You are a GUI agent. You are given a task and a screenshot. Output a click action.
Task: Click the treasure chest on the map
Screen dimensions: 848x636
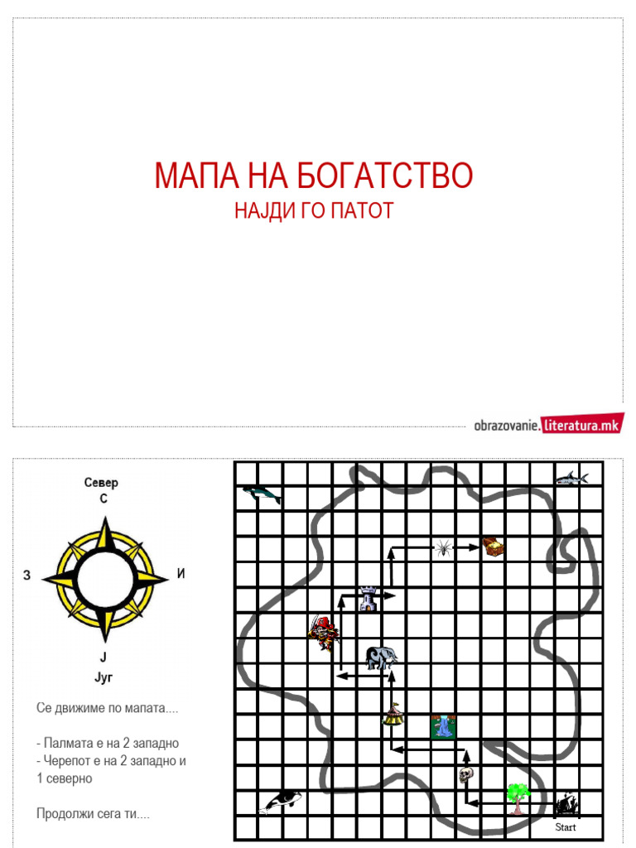pyautogui.click(x=494, y=547)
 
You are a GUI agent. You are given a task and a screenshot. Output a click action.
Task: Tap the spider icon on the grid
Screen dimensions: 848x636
pyautogui.click(x=444, y=547)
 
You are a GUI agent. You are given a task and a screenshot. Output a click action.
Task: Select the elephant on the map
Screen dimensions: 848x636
pyautogui.click(x=381, y=658)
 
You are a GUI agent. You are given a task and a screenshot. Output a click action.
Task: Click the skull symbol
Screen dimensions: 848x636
pyautogui.click(x=465, y=775)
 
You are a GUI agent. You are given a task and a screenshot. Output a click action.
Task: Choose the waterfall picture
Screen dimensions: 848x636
pyautogui.click(x=443, y=726)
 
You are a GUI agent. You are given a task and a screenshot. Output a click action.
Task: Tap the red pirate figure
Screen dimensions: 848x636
pyautogui.click(x=324, y=634)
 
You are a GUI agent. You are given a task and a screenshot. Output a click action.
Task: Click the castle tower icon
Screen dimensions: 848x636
pyautogui.click(x=368, y=598)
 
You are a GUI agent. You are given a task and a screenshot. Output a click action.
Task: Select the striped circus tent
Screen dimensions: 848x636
pyautogui.click(x=393, y=713)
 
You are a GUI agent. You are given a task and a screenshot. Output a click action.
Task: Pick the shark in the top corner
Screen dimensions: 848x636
pyautogui.click(x=571, y=478)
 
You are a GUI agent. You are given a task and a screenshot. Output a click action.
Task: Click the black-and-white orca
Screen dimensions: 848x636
pyautogui.click(x=280, y=800)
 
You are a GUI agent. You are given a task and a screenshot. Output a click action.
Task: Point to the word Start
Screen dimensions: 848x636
pyautogui.click(x=566, y=827)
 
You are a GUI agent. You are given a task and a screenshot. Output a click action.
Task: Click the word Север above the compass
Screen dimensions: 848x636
pyautogui.click(x=102, y=483)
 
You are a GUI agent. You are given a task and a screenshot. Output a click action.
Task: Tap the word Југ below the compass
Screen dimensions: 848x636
pyautogui.click(x=104, y=677)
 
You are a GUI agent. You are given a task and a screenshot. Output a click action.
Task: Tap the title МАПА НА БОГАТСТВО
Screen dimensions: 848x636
pyautogui.click(x=313, y=176)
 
